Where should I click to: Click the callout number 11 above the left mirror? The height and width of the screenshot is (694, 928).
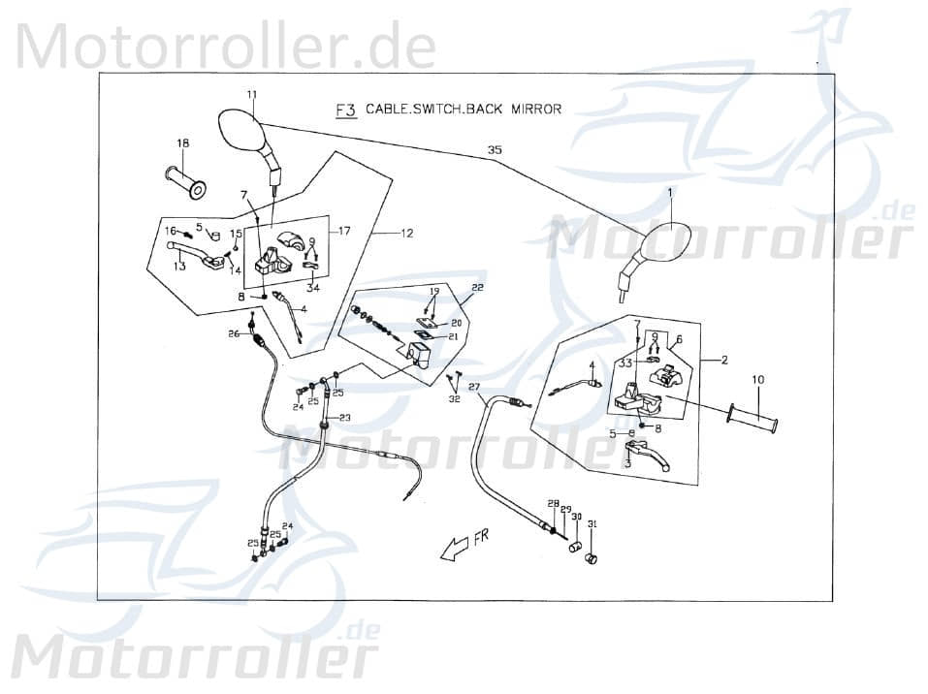coord(251,94)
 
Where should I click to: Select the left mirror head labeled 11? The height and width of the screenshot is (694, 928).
coord(239,131)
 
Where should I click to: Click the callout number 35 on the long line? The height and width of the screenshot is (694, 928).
coord(495,150)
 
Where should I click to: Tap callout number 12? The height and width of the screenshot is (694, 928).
coord(406,233)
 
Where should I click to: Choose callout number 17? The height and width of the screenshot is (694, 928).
coord(344,231)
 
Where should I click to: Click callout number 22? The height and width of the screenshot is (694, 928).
coord(477,288)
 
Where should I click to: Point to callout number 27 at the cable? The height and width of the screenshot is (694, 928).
coord(474,388)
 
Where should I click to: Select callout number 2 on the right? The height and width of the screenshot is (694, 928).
coord(724,360)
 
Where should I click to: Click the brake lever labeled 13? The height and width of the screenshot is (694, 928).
coord(199,259)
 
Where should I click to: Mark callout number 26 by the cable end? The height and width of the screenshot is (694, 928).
coord(234,334)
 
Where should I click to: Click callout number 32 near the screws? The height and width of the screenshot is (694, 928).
coord(454,398)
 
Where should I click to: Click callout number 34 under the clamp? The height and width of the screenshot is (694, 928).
coord(312,287)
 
